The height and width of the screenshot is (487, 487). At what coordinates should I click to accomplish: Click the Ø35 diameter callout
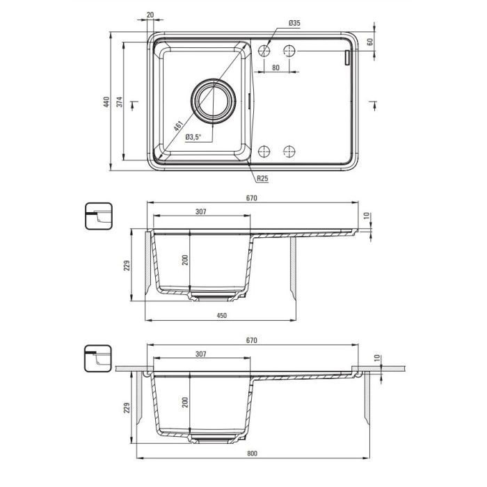[294, 23]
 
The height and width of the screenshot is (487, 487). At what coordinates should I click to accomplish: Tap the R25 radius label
[262, 179]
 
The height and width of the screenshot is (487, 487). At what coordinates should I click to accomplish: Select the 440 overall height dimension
[106, 102]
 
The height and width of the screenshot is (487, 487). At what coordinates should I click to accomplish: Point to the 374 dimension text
[120, 102]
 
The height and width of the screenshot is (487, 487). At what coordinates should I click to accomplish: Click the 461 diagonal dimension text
[178, 126]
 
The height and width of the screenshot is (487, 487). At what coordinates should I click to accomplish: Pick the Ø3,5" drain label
[193, 136]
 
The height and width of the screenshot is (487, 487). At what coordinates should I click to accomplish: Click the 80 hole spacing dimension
[276, 67]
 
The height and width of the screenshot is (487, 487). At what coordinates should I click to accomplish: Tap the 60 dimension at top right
[370, 42]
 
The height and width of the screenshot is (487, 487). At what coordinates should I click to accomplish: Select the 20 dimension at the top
[150, 15]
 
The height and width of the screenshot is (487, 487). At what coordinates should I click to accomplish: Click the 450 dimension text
[221, 316]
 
